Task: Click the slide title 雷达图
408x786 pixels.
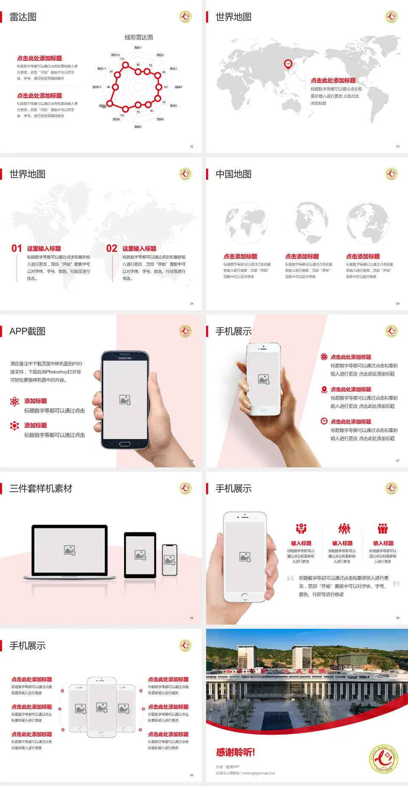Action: pyautogui.click(x=23, y=17)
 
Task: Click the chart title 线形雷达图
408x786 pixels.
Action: pyautogui.click(x=139, y=37)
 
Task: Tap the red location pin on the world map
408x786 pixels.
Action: pyautogui.click(x=288, y=64)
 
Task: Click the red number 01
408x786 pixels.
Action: pyautogui.click(x=17, y=249)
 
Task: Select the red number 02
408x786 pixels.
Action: pyautogui.click(x=112, y=249)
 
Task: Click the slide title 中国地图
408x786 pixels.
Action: pyautogui.click(x=233, y=174)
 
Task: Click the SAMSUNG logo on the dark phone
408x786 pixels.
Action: pyautogui.click(x=125, y=358)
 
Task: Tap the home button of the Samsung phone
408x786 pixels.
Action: pyautogui.click(x=125, y=444)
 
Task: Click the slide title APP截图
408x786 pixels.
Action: pyautogui.click(x=28, y=331)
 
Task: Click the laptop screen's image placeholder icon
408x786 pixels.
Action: pyautogui.click(x=70, y=550)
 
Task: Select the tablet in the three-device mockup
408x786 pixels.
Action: pyautogui.click(x=140, y=555)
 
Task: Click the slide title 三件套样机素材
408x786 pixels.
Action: pyautogui.click(x=41, y=489)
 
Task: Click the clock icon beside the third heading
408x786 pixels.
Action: pyautogui.click(x=324, y=421)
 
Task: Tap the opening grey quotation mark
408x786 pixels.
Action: pyautogui.click(x=291, y=578)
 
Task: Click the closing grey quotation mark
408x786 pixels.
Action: pyautogui.click(x=396, y=584)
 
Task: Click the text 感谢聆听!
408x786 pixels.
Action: pyautogui.click(x=235, y=752)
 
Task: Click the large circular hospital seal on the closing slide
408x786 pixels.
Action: pyautogui.click(x=384, y=759)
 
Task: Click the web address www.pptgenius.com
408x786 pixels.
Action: pyautogui.click(x=259, y=773)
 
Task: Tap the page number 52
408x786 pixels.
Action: pyautogui.click(x=192, y=146)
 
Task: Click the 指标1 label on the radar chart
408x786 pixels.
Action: pyautogui.click(x=138, y=48)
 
